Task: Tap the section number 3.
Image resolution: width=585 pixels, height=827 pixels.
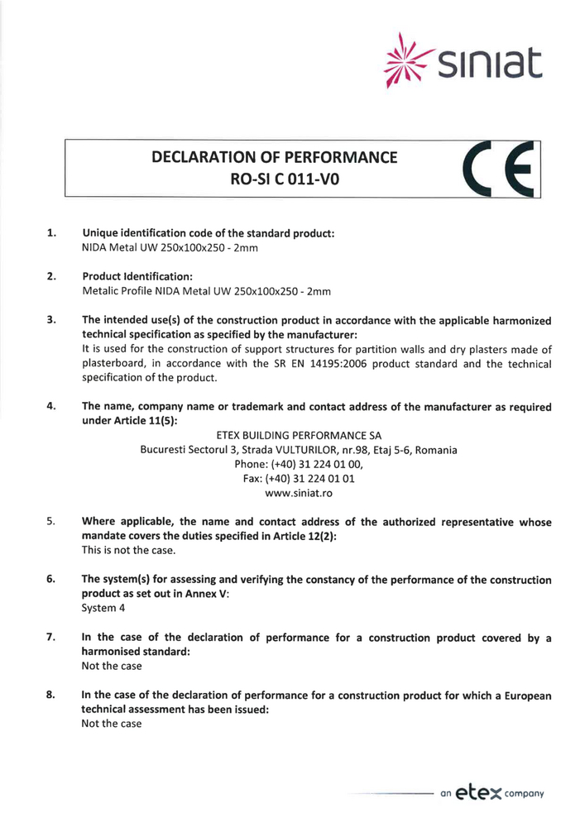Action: (51, 319)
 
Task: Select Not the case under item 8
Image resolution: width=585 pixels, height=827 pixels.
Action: (112, 724)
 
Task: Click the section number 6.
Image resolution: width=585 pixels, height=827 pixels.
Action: (51, 580)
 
